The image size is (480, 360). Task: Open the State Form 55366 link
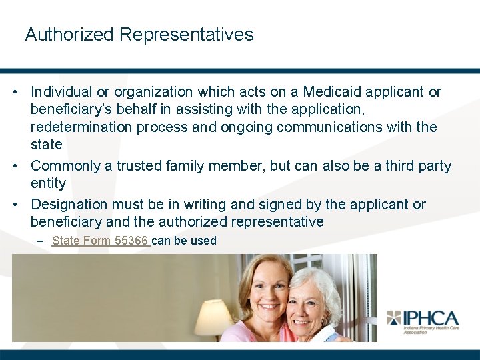[101, 241]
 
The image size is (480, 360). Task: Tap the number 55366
[131, 241]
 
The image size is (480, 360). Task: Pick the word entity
[48, 183]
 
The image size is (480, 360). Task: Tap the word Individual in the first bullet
[64, 92]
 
